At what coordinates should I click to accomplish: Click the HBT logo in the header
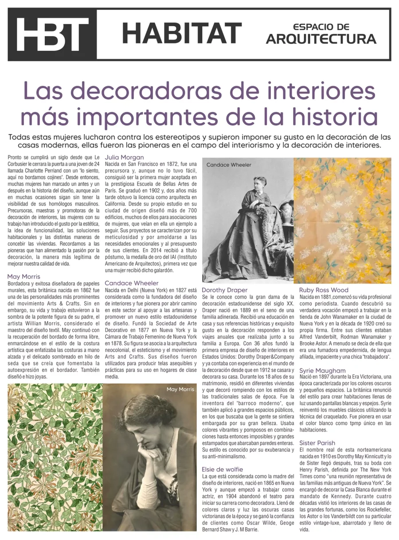(x=52, y=35)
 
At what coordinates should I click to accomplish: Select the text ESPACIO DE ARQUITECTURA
(x=321, y=34)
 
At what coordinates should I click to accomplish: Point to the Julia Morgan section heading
(x=124, y=157)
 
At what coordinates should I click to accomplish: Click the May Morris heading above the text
(x=23, y=276)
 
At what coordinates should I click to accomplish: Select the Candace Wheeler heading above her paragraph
(x=131, y=283)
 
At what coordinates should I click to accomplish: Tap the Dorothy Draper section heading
(x=224, y=290)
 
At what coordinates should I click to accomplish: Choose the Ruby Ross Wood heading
(x=324, y=290)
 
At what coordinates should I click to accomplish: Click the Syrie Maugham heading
(x=322, y=370)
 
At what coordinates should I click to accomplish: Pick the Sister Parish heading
(x=317, y=443)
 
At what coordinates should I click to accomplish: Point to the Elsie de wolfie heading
(x=222, y=469)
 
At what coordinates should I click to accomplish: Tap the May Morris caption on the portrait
(x=180, y=389)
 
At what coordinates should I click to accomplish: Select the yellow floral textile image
(x=342, y=220)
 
